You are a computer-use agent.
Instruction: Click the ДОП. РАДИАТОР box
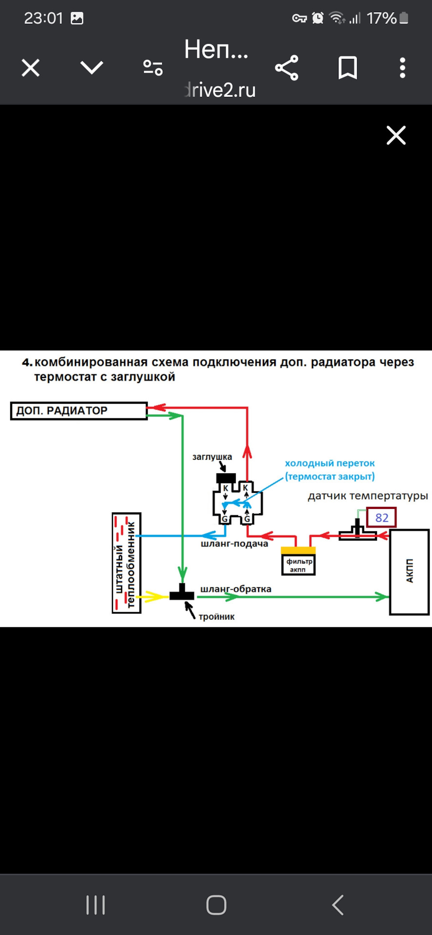click(x=78, y=411)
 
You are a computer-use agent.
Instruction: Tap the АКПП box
click(x=409, y=572)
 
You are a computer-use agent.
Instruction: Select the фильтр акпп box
click(x=299, y=565)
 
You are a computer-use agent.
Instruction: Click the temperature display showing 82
click(x=381, y=517)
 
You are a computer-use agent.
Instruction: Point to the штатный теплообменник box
click(x=127, y=563)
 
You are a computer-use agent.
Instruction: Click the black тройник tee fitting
click(x=182, y=593)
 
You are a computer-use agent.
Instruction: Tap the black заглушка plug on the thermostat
click(x=226, y=478)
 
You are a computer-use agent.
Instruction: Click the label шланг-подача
click(x=234, y=544)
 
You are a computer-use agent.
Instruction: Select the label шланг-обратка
click(x=236, y=589)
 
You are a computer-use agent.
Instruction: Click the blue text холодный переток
click(x=330, y=463)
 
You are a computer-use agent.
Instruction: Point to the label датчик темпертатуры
click(x=368, y=496)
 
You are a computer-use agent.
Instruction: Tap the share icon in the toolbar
click(x=286, y=68)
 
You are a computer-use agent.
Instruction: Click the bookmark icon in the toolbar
click(x=348, y=68)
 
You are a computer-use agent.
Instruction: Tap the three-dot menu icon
click(x=402, y=68)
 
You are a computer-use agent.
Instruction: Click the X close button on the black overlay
click(x=396, y=135)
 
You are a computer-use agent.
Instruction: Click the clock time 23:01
click(x=44, y=19)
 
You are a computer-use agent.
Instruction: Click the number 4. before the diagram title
click(x=27, y=363)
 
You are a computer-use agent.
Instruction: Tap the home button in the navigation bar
click(x=216, y=905)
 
